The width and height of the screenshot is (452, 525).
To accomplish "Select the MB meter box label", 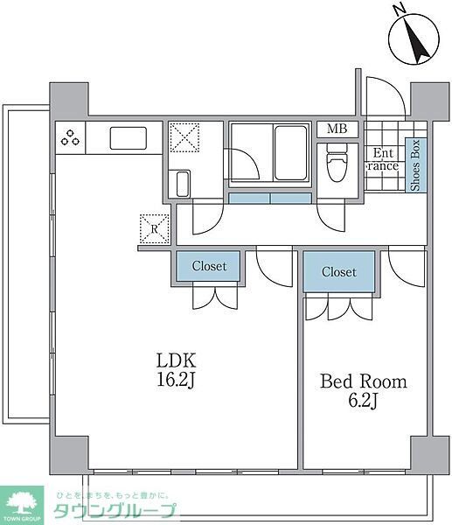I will (x=337, y=129).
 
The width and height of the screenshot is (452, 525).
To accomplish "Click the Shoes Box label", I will (x=415, y=165).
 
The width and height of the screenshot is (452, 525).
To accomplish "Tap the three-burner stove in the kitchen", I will (x=71, y=136).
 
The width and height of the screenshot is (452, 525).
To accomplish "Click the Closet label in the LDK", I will (x=209, y=266).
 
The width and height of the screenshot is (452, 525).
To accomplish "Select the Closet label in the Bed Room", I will (x=338, y=272).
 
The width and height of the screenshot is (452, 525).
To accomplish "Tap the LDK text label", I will (x=177, y=360).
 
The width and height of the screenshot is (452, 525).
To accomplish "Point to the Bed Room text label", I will (x=363, y=382).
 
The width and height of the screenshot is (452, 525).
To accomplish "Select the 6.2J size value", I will (x=363, y=402).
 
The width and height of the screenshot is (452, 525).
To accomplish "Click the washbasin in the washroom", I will (x=184, y=184).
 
